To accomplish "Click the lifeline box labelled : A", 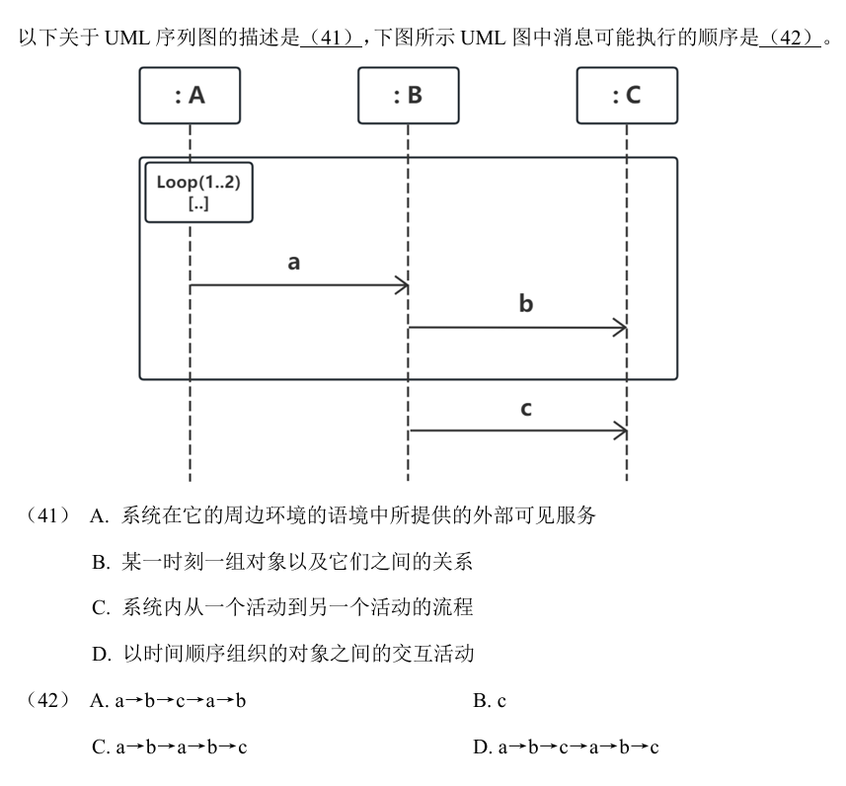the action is point(190,96).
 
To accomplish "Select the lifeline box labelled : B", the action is point(409,96).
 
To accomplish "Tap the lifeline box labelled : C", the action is point(627,96).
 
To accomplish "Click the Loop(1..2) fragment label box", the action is point(199,193).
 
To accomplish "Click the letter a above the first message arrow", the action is point(293,263).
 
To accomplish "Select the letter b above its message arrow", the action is point(526,303).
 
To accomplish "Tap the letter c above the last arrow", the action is point(526,409).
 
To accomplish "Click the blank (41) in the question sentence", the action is point(331,38).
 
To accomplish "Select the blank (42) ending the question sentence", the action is point(791,38).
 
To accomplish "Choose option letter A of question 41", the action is point(99,516).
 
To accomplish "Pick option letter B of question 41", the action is point(101,563).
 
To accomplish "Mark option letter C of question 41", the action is point(101,608).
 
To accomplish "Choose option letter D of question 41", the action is point(102,655).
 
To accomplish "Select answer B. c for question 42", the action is point(490,701).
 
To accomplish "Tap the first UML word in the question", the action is point(126,38).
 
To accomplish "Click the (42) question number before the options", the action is point(47,701).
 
